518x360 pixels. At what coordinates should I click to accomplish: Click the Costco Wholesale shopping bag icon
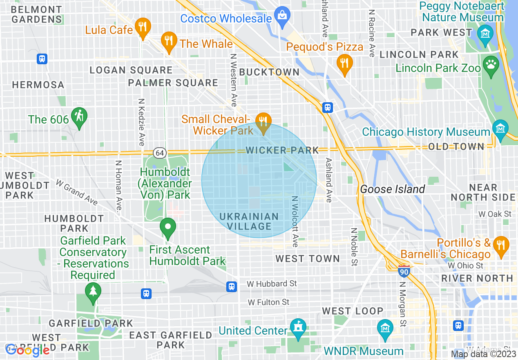click(x=282, y=16)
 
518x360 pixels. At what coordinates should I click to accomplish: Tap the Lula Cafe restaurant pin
click(x=143, y=27)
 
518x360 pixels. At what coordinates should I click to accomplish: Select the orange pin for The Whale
click(x=168, y=41)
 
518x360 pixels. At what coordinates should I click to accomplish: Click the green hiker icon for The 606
click(x=78, y=117)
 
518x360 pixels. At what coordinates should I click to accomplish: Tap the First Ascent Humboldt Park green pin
click(x=167, y=227)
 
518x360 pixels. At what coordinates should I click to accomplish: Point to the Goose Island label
click(x=393, y=189)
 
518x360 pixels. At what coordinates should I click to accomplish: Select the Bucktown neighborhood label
click(x=269, y=72)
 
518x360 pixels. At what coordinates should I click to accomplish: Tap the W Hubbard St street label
click(x=272, y=283)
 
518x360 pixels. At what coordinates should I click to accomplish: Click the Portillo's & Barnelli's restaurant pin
click(x=500, y=245)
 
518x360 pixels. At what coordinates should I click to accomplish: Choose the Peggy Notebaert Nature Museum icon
click(x=485, y=33)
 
